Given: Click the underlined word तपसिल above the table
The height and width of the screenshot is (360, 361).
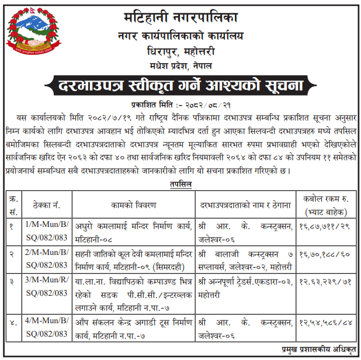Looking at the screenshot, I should (180, 184).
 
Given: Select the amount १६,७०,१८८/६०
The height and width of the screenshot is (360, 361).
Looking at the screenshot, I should (325, 254).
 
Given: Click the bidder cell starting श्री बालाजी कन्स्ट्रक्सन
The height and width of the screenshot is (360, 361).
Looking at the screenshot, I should (245, 259).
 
